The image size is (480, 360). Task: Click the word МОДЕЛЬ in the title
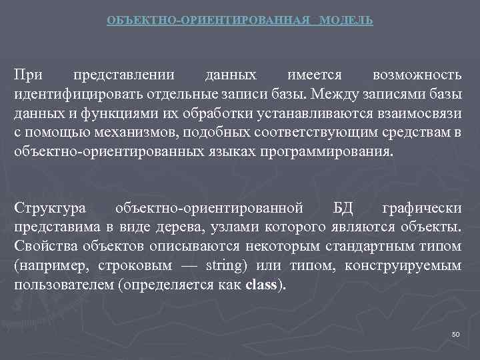pyautogui.click(x=346, y=21)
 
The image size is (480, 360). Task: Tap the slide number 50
pyautogui.click(x=456, y=334)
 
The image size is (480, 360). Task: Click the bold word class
pyautogui.click(x=263, y=287)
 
